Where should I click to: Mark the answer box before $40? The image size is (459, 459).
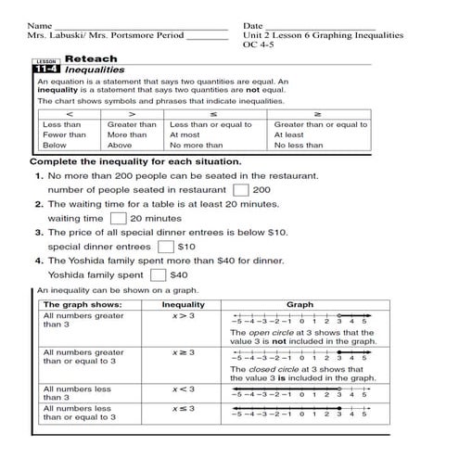click(x=157, y=274)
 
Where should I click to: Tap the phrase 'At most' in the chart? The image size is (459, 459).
click(x=185, y=134)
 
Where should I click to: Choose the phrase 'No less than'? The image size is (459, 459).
click(x=299, y=145)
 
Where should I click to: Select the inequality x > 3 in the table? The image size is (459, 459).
click(x=183, y=316)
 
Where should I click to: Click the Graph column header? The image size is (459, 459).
click(x=300, y=304)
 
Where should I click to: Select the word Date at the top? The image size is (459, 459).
click(x=252, y=24)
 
